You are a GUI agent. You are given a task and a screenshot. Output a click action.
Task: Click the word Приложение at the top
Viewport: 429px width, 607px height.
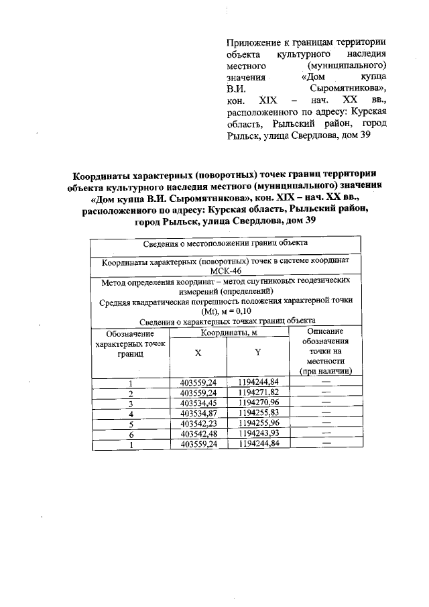[253, 42]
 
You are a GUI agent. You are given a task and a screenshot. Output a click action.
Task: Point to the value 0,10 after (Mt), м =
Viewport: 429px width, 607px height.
[239, 311]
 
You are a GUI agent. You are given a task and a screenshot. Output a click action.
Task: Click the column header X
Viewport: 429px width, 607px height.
[198, 353]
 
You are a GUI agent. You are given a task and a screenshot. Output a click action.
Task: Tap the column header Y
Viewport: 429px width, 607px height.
[257, 353]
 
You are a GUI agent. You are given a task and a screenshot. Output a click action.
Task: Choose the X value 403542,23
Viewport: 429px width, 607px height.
[198, 424]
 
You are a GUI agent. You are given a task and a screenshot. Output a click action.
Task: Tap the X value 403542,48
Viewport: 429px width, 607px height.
[198, 434]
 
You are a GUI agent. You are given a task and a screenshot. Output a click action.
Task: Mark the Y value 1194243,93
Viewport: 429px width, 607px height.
[258, 434]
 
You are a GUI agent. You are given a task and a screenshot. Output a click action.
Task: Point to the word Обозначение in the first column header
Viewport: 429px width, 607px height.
[131, 333]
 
